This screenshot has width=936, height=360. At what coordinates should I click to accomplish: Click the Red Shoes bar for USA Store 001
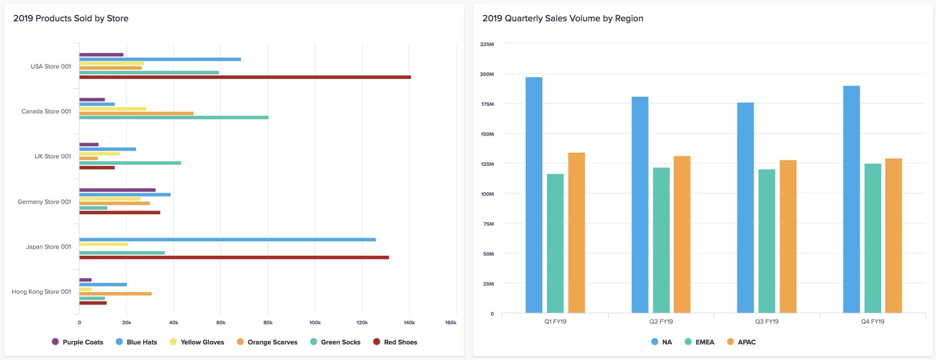[245, 77]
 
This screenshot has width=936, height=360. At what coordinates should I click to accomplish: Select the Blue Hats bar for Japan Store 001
[228, 239]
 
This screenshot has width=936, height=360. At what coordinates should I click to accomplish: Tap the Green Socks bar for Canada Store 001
[174, 117]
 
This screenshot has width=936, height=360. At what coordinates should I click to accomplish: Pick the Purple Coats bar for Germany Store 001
[117, 190]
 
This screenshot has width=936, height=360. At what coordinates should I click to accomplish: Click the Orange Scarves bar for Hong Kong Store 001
[116, 294]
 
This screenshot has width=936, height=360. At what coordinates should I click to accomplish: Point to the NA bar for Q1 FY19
[534, 195]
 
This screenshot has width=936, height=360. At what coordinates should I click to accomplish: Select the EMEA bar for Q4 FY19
[872, 238]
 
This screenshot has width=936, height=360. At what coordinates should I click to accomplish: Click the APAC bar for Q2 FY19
[682, 234]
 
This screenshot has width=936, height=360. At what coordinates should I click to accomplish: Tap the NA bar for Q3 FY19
[745, 208]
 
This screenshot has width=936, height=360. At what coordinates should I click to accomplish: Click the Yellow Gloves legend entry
[197, 342]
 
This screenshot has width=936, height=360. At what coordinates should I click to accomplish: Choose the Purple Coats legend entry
[78, 342]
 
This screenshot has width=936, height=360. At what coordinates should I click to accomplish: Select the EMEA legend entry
[699, 342]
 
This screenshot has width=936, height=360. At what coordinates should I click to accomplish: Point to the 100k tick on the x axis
[315, 323]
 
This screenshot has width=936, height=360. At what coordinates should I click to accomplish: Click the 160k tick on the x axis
[451, 323]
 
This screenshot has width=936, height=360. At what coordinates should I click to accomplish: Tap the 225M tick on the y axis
[487, 44]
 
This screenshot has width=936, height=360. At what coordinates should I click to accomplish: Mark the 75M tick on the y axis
[489, 224]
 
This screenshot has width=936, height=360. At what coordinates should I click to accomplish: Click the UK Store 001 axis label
[53, 156]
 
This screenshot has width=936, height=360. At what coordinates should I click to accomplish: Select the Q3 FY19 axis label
[767, 322]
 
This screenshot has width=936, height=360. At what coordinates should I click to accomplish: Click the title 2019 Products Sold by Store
[71, 18]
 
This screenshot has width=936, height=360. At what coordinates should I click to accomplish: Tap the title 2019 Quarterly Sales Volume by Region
[563, 18]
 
